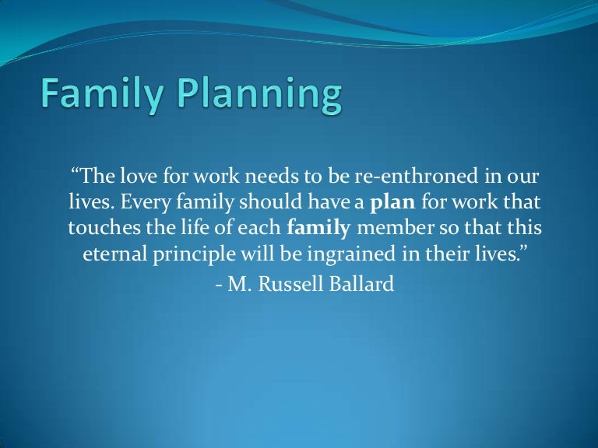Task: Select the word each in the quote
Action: point(261,229)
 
